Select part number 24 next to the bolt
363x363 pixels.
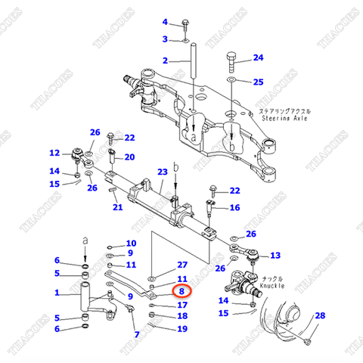coord(258,58)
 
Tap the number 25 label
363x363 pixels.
coord(258,82)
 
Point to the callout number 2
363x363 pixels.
coord(164,60)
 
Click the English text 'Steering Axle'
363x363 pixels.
coord(287,119)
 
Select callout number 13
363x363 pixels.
coord(275,255)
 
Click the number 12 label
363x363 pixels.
coord(55,153)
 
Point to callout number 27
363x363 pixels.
coord(181,265)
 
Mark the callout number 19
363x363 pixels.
coord(181,329)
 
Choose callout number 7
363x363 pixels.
coord(137,334)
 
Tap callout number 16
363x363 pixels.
coord(234,207)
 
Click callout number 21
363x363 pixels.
coord(117,207)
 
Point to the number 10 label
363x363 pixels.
coord(131,243)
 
